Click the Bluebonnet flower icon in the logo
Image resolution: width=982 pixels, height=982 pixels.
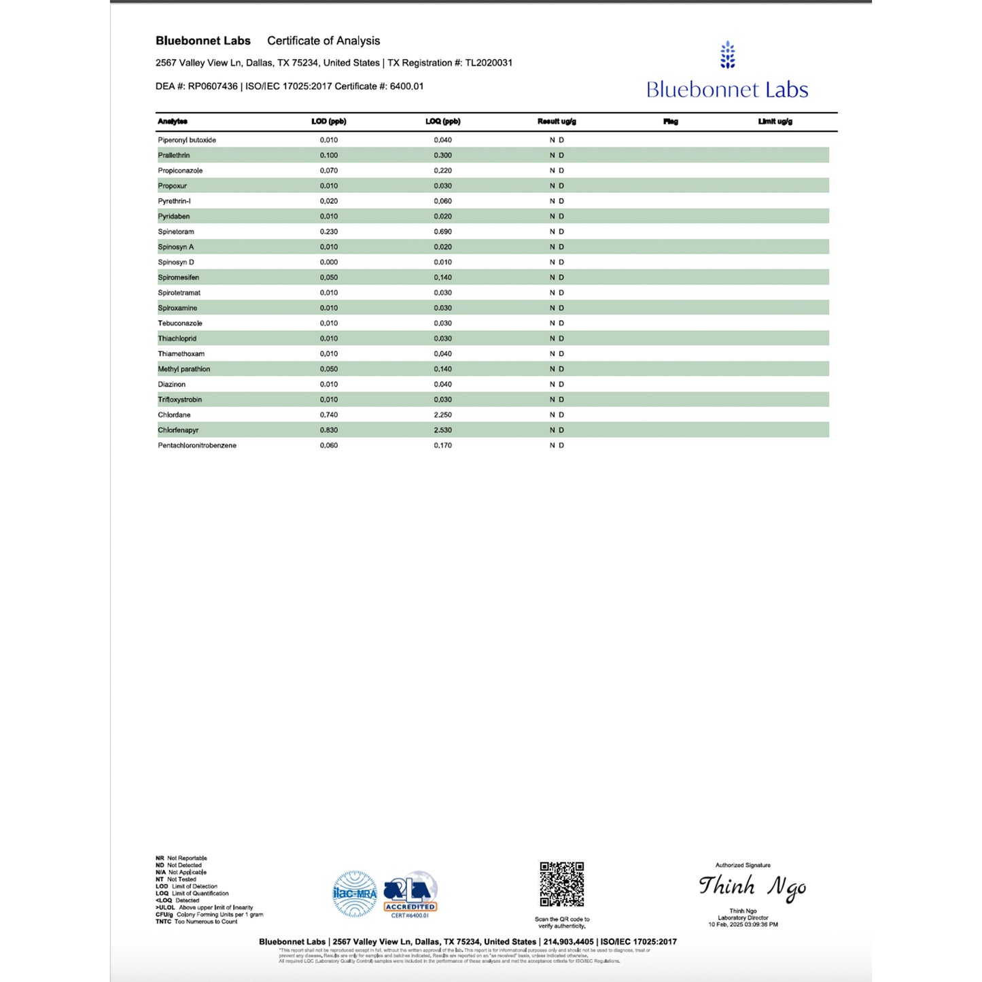click(728, 55)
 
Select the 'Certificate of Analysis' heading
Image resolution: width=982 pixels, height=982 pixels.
click(323, 41)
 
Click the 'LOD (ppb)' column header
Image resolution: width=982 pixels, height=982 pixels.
click(329, 122)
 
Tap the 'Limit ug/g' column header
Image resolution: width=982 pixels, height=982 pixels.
click(775, 122)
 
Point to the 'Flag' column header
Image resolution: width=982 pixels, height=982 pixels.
click(671, 122)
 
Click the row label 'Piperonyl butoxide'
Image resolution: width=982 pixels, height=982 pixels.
click(187, 140)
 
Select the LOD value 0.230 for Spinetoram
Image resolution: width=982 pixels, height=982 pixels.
click(329, 232)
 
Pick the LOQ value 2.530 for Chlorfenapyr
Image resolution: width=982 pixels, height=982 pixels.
click(443, 430)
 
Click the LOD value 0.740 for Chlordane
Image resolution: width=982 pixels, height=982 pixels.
click(329, 415)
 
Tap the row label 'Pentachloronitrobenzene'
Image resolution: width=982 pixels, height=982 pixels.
click(197, 445)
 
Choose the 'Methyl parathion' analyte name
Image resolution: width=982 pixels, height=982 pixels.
click(184, 369)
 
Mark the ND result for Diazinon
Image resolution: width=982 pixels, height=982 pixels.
click(557, 384)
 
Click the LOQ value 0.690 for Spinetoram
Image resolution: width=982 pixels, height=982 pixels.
click(443, 232)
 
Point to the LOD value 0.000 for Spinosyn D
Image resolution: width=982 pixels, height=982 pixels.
click(329, 262)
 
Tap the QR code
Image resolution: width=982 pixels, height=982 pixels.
click(562, 884)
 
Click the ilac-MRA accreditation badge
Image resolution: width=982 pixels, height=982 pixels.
click(355, 894)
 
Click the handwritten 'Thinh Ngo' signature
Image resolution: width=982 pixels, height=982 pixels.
click(752, 887)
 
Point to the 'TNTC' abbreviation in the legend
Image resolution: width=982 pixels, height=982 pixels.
click(163, 922)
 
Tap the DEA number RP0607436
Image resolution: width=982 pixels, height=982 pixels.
click(213, 86)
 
